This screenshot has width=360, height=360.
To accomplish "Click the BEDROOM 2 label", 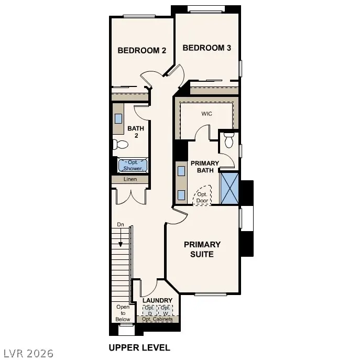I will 141,51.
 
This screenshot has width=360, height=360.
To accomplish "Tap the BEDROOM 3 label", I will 206,48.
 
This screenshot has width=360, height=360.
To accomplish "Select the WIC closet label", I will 206,113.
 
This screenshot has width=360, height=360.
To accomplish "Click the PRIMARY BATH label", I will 204,167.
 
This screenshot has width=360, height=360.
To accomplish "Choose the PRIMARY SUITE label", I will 202,249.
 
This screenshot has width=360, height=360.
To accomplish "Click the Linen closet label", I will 130,179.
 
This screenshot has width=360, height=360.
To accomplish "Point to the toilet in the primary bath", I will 228,140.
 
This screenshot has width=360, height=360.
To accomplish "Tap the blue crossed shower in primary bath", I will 229,188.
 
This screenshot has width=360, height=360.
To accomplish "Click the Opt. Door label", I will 202,197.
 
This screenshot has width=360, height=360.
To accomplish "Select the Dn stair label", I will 121,224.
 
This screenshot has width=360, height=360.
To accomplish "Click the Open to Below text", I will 123,313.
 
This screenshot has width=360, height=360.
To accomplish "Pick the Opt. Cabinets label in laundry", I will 157,319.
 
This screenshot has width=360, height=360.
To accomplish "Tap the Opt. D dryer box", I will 149,310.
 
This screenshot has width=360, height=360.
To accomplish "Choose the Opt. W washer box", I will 165,310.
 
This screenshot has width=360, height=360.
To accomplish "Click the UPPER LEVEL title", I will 139,347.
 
